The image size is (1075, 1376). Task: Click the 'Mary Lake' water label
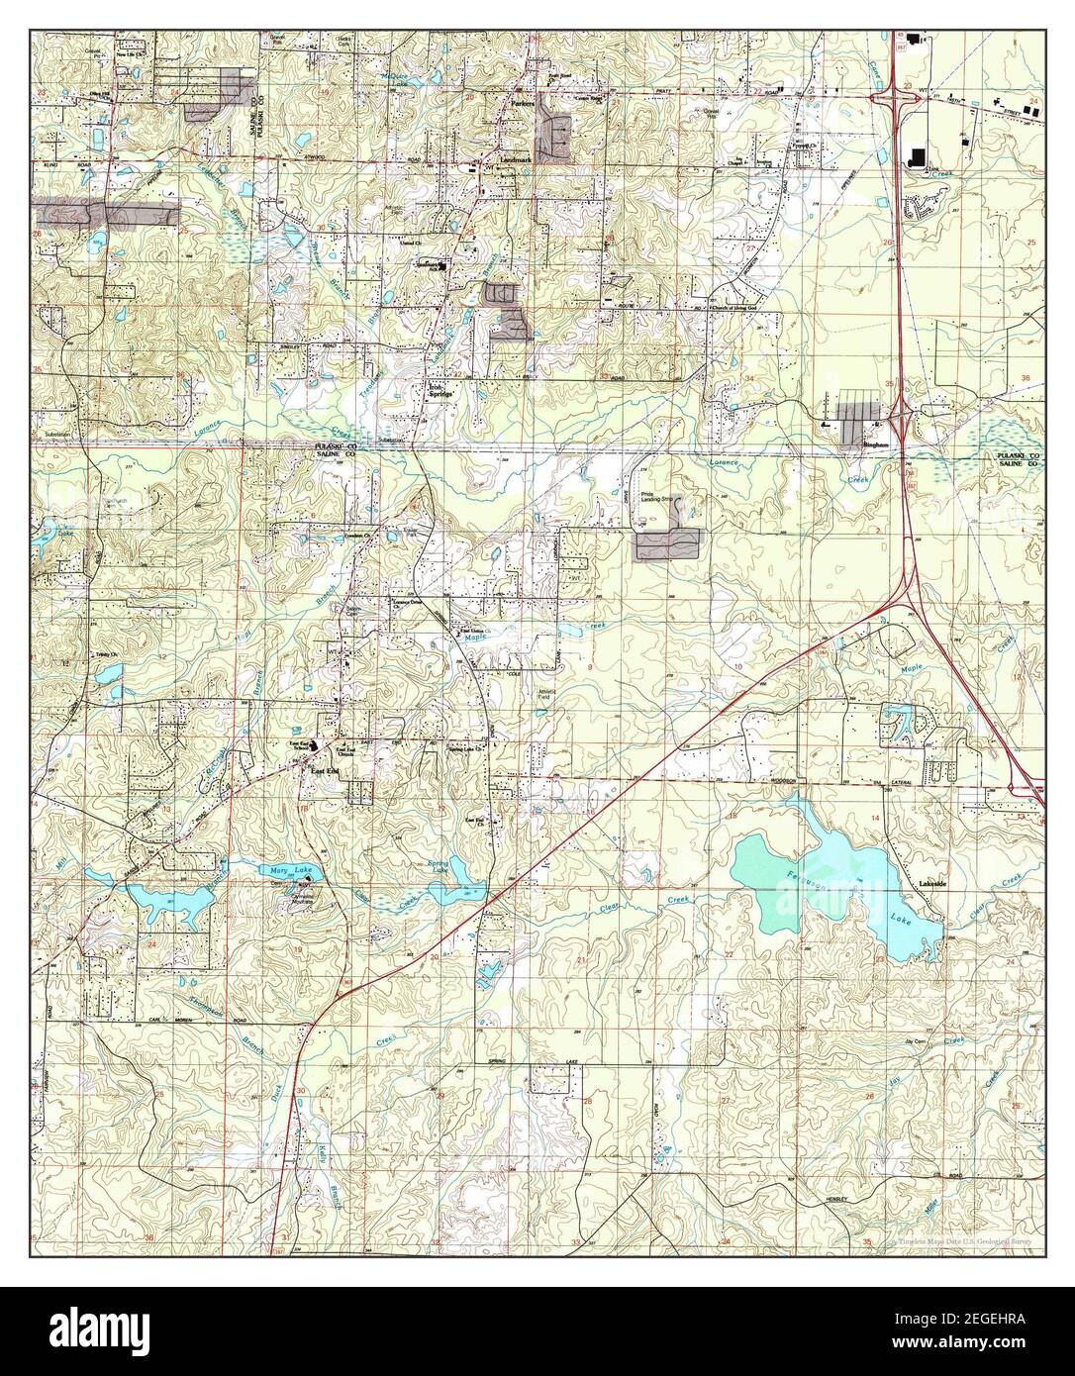(290, 870)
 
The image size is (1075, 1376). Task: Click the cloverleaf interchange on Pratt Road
(894, 96)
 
